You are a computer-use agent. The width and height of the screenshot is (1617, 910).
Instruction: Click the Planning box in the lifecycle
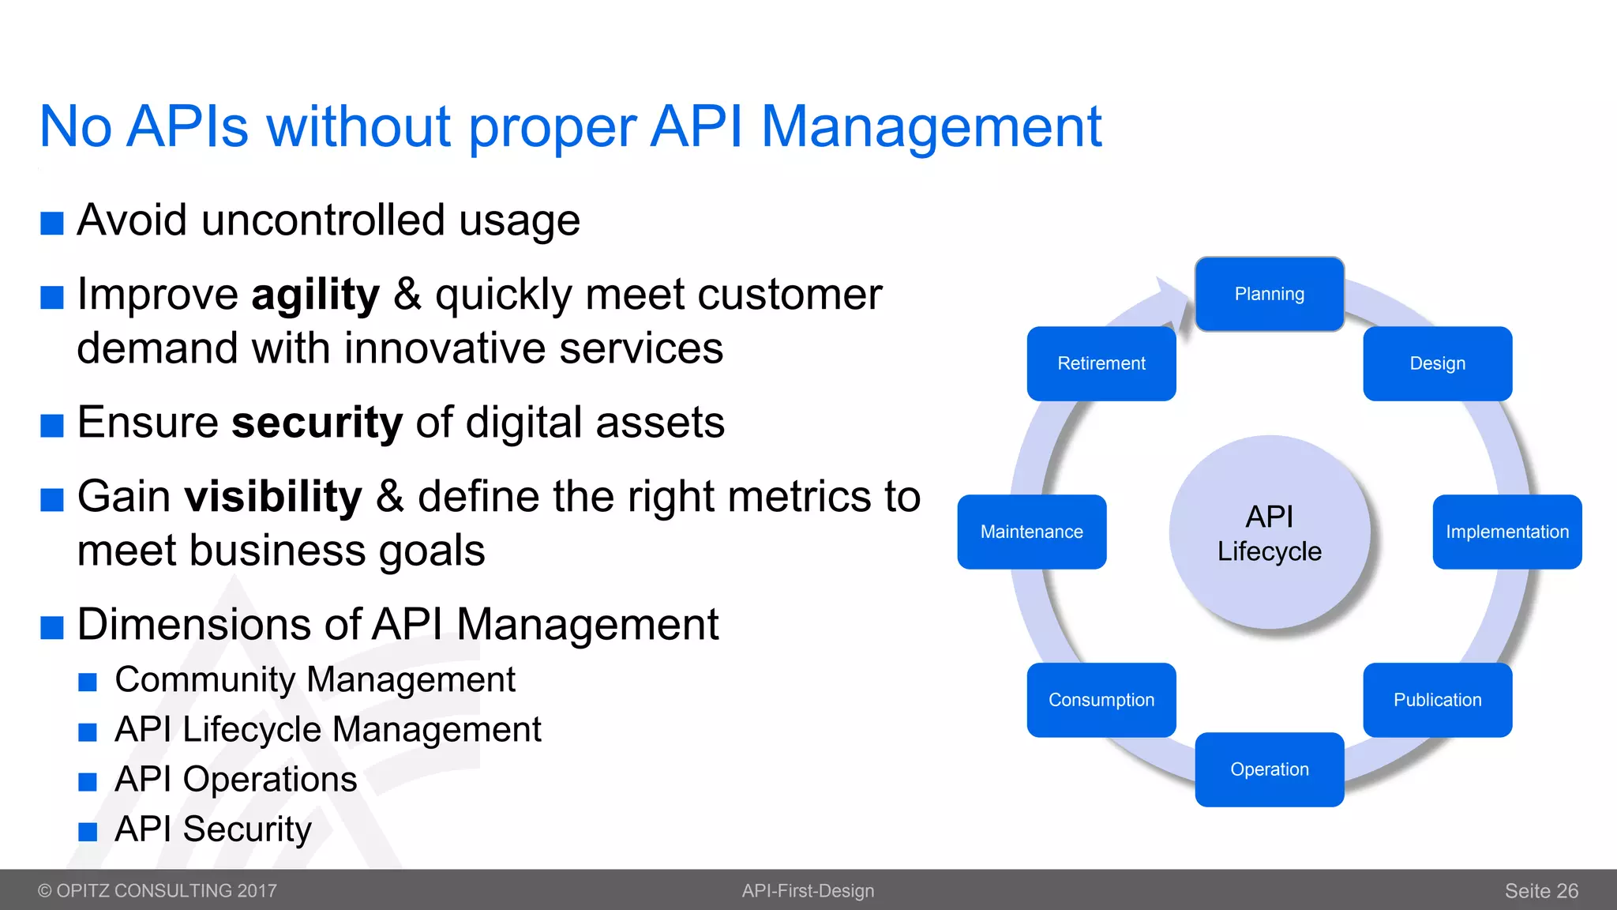(x=1269, y=294)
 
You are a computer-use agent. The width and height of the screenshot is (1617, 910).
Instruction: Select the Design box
(x=1437, y=363)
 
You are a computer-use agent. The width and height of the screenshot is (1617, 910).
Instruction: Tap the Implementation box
(x=1506, y=532)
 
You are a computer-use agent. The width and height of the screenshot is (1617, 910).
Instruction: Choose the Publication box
(x=1437, y=700)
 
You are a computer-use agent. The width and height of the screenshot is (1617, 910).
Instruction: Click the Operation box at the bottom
(x=1269, y=769)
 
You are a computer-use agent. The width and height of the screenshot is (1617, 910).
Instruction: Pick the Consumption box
(x=1101, y=700)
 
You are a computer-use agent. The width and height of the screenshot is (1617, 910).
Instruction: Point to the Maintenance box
(x=1031, y=532)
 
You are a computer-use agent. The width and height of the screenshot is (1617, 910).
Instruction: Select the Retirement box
(x=1101, y=363)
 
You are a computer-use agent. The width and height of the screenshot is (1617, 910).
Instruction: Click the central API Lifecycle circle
(x=1269, y=532)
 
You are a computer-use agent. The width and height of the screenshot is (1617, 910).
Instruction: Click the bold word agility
(x=315, y=295)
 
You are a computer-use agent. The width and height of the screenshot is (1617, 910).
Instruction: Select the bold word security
(x=317, y=423)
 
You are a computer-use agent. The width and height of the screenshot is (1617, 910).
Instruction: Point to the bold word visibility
(x=272, y=497)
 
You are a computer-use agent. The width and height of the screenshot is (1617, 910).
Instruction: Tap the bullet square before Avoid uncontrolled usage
(x=52, y=224)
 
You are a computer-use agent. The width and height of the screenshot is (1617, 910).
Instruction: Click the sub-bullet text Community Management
(x=314, y=679)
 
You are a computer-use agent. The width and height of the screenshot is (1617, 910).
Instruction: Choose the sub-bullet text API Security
(x=212, y=829)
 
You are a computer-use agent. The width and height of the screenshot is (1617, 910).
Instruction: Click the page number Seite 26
(x=1540, y=890)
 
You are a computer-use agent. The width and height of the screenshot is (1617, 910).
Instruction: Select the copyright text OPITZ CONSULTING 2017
(x=166, y=890)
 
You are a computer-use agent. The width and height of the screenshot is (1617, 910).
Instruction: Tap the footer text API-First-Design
(x=808, y=890)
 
